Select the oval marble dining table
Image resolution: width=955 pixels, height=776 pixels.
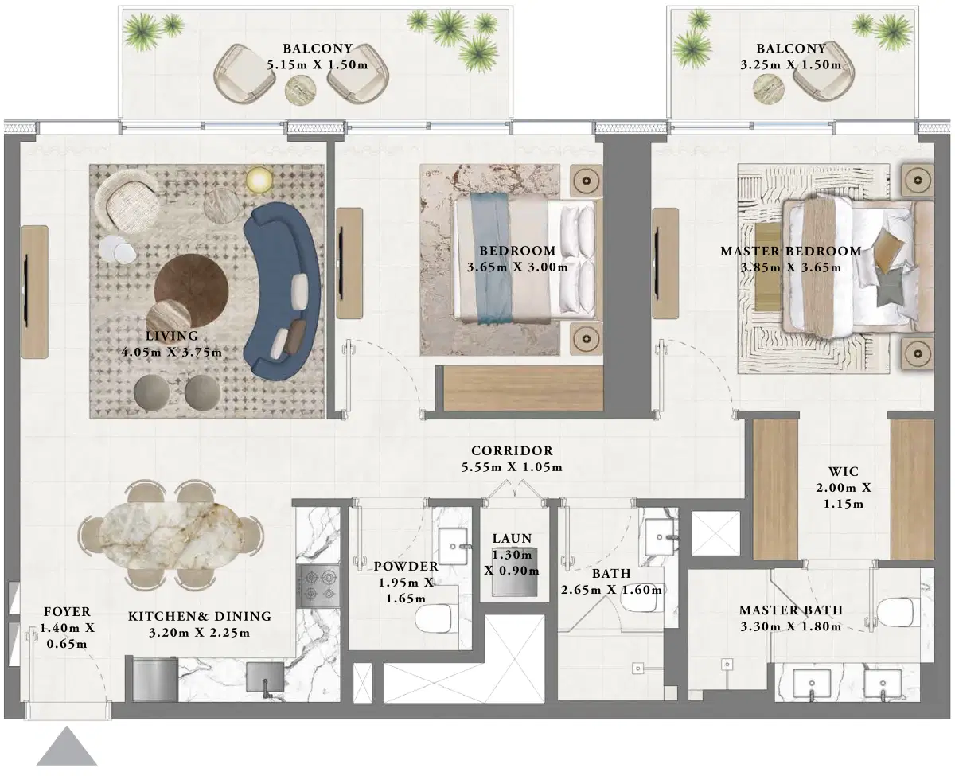170,532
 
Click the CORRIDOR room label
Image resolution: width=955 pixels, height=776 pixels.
511,451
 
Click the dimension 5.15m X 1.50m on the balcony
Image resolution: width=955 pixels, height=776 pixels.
317,64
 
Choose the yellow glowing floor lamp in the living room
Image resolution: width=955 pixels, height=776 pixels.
258,181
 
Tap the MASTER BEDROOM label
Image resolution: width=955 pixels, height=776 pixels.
789,252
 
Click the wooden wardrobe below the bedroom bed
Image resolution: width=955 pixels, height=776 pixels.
523,388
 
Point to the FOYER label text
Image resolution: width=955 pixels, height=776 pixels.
67,613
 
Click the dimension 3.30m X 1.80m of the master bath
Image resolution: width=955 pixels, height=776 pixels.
790,626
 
